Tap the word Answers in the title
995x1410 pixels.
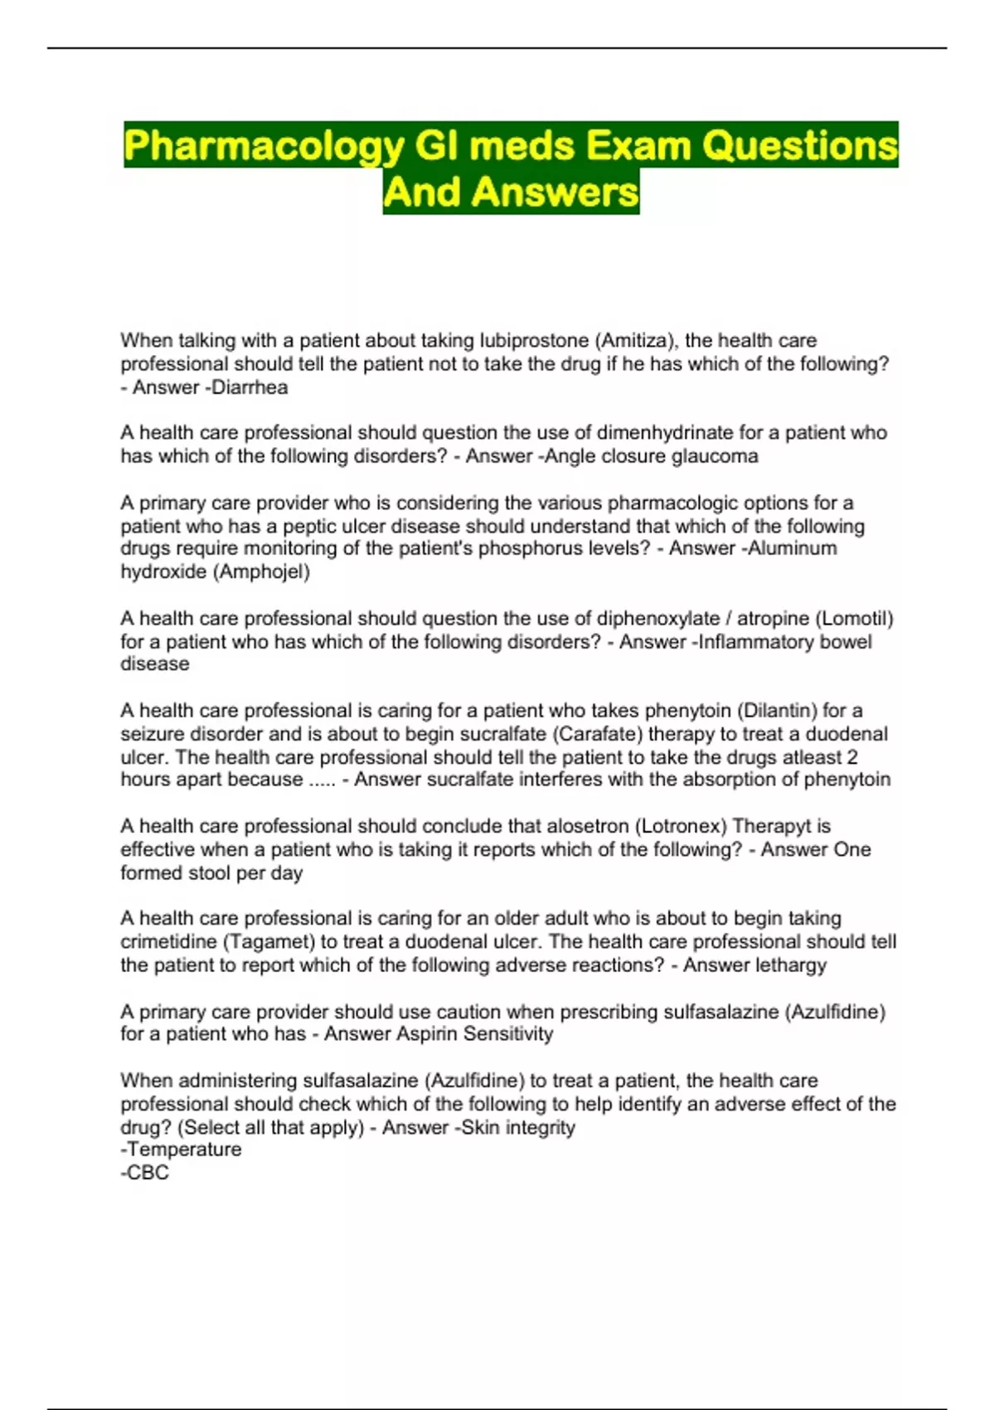(556, 192)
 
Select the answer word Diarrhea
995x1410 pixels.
(249, 387)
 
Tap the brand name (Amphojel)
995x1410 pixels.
(262, 571)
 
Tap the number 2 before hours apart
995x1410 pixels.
(852, 757)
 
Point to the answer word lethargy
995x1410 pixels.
(789, 965)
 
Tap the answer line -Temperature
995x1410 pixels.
(182, 1150)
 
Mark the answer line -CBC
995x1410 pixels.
(145, 1173)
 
